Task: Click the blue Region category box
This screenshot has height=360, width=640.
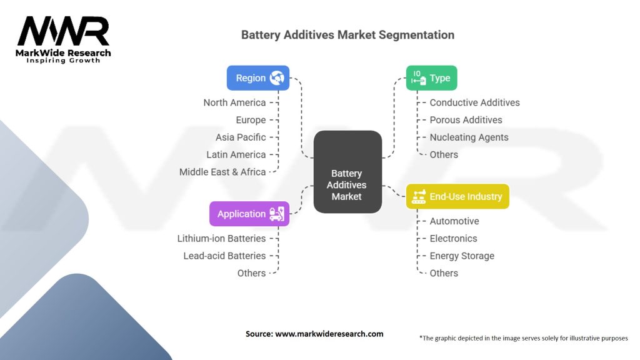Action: click(257, 78)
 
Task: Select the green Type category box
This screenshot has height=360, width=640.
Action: click(431, 78)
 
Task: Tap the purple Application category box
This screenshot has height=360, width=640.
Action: click(249, 214)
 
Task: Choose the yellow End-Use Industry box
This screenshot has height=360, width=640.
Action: click(457, 196)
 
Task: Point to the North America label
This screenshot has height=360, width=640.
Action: click(234, 102)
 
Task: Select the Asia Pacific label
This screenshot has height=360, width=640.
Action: click(241, 137)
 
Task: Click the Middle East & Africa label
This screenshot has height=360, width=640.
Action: click(222, 172)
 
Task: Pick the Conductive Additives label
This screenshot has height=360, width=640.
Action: click(474, 102)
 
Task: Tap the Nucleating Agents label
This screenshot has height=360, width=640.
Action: click(469, 137)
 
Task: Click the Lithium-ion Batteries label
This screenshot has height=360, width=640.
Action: click(221, 238)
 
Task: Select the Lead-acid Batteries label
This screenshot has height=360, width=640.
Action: click(224, 256)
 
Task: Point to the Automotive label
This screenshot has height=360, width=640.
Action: click(454, 221)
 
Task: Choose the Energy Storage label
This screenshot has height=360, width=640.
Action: click(462, 256)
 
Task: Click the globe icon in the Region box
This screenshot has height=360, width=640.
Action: click(276, 78)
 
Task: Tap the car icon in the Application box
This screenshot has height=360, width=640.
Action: click(276, 214)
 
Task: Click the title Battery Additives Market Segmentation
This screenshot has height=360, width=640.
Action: click(347, 34)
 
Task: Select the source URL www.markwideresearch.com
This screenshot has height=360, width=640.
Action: click(329, 334)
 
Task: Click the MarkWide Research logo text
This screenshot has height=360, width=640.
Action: click(63, 53)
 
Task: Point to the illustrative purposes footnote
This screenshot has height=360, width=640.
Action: click(523, 338)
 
